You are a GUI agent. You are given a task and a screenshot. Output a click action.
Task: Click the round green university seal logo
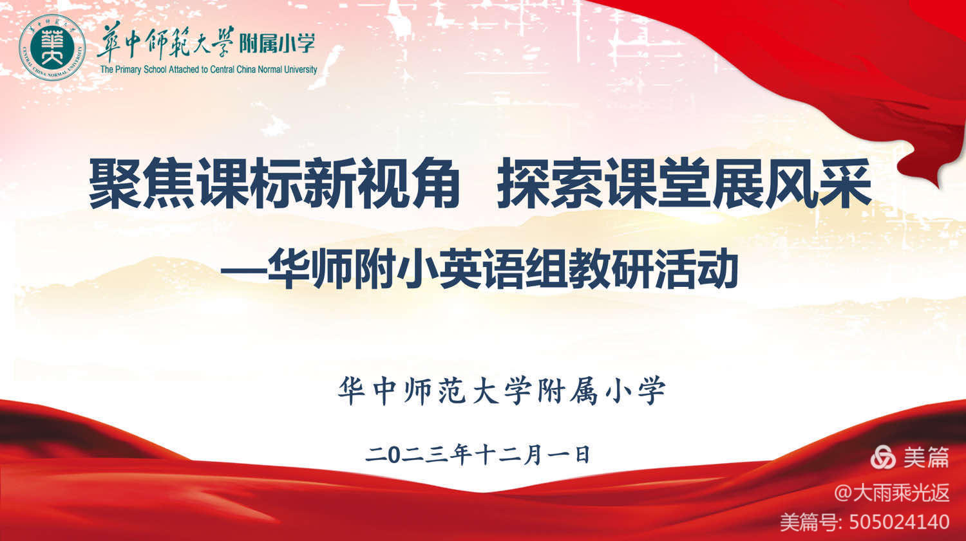click(52, 46)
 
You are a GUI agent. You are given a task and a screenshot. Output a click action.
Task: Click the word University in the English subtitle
click(300, 69)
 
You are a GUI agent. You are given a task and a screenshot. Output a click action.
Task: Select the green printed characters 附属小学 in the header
click(277, 43)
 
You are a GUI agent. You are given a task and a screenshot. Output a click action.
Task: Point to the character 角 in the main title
click(434, 183)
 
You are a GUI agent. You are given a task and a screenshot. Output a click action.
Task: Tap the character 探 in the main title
click(523, 183)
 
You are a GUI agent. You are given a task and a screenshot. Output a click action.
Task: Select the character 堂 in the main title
click(684, 183)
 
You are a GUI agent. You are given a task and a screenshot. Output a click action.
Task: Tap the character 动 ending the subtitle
click(717, 269)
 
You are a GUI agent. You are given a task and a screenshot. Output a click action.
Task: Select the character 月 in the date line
click(533, 454)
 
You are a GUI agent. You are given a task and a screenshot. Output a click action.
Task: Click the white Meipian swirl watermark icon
click(883, 457)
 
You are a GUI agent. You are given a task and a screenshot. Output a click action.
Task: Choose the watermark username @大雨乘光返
click(892, 492)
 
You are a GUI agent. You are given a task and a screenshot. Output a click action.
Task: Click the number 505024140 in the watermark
click(900, 522)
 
